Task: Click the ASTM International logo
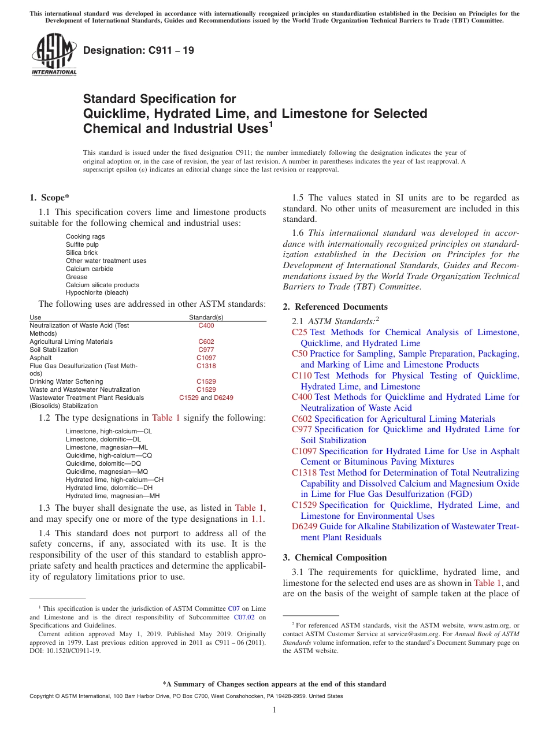point(53,54)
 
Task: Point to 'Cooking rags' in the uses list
point(85,236)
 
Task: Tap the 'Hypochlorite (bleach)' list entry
point(97,293)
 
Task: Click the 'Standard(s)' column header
point(206,317)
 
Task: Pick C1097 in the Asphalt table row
point(206,358)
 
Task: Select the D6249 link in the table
point(224,398)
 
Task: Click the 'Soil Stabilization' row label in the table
point(54,350)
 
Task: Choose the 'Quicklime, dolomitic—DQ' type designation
point(103,463)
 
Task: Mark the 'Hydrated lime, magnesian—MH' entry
point(112,496)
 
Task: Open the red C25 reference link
point(299,332)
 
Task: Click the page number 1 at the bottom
point(274,710)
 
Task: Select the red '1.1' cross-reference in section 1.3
point(258,519)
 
